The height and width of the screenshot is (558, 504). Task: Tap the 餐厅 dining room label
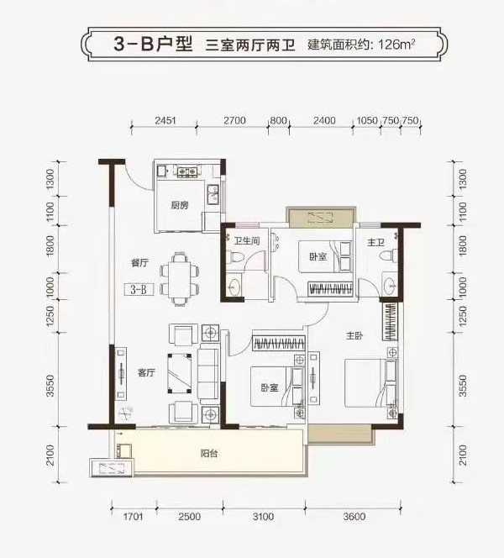tap(139, 262)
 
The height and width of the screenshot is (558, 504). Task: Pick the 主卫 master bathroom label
tap(375, 243)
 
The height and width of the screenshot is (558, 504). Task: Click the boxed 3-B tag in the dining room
tap(139, 290)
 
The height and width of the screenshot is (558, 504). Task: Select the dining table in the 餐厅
tap(179, 277)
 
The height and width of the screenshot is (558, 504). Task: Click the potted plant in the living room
tap(127, 413)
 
